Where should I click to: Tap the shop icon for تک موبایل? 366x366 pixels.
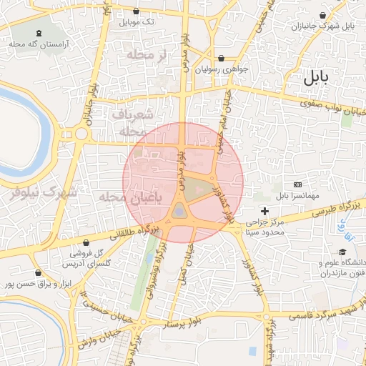tap(137, 11)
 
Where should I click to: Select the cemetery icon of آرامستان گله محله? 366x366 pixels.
tap(38, 32)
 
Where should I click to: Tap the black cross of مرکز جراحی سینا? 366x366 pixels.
tap(265, 211)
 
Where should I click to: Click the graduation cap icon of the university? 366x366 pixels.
tap(342, 252)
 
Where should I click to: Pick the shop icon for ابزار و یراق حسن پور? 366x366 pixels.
tap(37, 272)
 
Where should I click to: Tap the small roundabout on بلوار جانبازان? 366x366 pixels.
tap(81, 134)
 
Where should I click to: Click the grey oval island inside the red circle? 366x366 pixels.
tap(178, 210)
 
